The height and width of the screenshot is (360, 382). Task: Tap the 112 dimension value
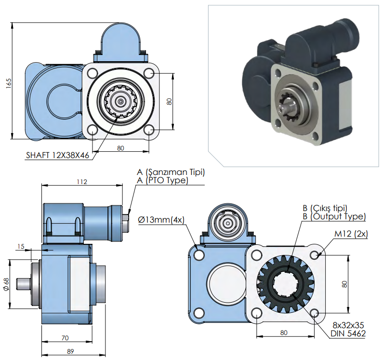82,182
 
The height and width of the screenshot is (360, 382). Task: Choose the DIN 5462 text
348,333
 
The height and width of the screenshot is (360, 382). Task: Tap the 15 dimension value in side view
20,247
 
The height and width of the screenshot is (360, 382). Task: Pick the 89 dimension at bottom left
70,351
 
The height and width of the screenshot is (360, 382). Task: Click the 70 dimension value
65,338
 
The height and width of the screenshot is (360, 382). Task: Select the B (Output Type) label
334,216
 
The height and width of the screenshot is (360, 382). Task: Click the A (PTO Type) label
162,180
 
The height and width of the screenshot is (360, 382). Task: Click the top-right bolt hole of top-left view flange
149,73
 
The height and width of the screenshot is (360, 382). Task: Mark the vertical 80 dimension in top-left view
169,101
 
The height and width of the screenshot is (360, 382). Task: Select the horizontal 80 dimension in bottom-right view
284,332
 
